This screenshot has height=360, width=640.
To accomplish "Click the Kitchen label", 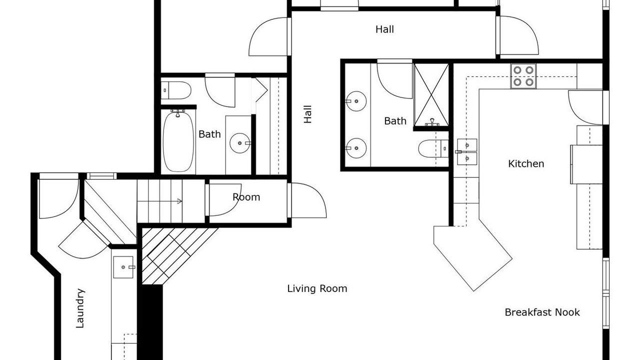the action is click(x=526, y=163).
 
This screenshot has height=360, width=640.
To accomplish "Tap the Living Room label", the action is click(x=317, y=288).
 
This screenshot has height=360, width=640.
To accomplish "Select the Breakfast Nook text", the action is click(x=542, y=312).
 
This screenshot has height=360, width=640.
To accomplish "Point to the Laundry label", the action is click(x=80, y=308).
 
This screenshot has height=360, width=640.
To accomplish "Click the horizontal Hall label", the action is click(x=384, y=29).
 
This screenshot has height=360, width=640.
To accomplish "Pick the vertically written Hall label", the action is click(x=307, y=114).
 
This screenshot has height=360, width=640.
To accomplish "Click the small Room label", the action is click(x=246, y=197).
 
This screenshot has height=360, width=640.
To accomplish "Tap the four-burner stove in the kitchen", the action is click(x=523, y=76).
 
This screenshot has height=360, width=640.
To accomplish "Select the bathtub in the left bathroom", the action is click(x=178, y=141).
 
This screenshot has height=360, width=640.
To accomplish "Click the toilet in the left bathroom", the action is click(x=176, y=90).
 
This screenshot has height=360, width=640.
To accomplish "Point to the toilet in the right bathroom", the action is click(x=433, y=148).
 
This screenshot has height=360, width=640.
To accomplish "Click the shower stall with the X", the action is click(x=431, y=94).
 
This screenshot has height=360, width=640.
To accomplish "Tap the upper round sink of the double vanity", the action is click(x=356, y=101).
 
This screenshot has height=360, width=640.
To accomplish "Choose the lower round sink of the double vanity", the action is click(x=356, y=148).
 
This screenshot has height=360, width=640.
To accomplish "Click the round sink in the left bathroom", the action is click(x=240, y=143).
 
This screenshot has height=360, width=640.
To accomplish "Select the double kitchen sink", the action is click(x=467, y=151).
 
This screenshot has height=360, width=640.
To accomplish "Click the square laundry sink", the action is click(x=123, y=267).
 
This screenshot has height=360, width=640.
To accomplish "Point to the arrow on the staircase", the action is click(x=159, y=201).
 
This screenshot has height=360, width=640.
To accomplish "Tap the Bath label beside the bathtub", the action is click(x=209, y=134).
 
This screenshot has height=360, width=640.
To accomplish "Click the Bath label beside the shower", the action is click(x=395, y=121).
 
